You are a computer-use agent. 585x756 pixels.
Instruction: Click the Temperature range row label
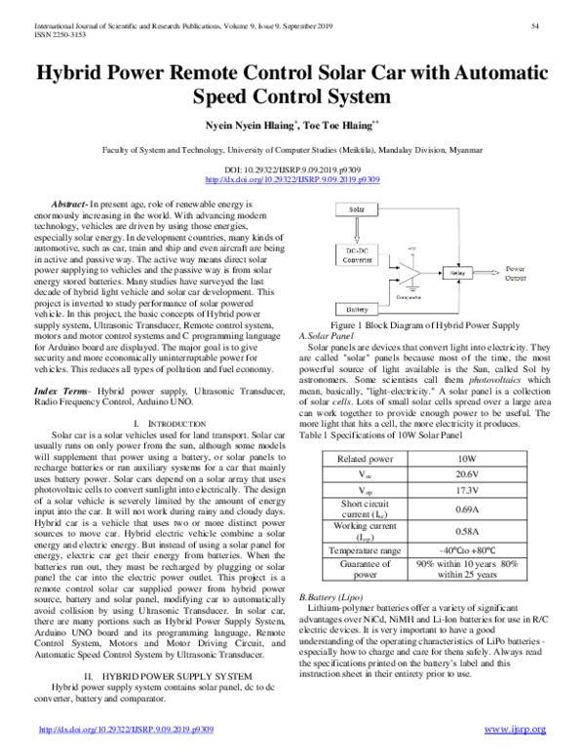(364, 550)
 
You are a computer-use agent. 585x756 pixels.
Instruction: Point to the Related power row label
(364, 457)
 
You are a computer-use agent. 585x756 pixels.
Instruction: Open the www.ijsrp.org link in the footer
(515, 729)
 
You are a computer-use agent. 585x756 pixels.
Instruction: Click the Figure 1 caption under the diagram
(426, 352)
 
